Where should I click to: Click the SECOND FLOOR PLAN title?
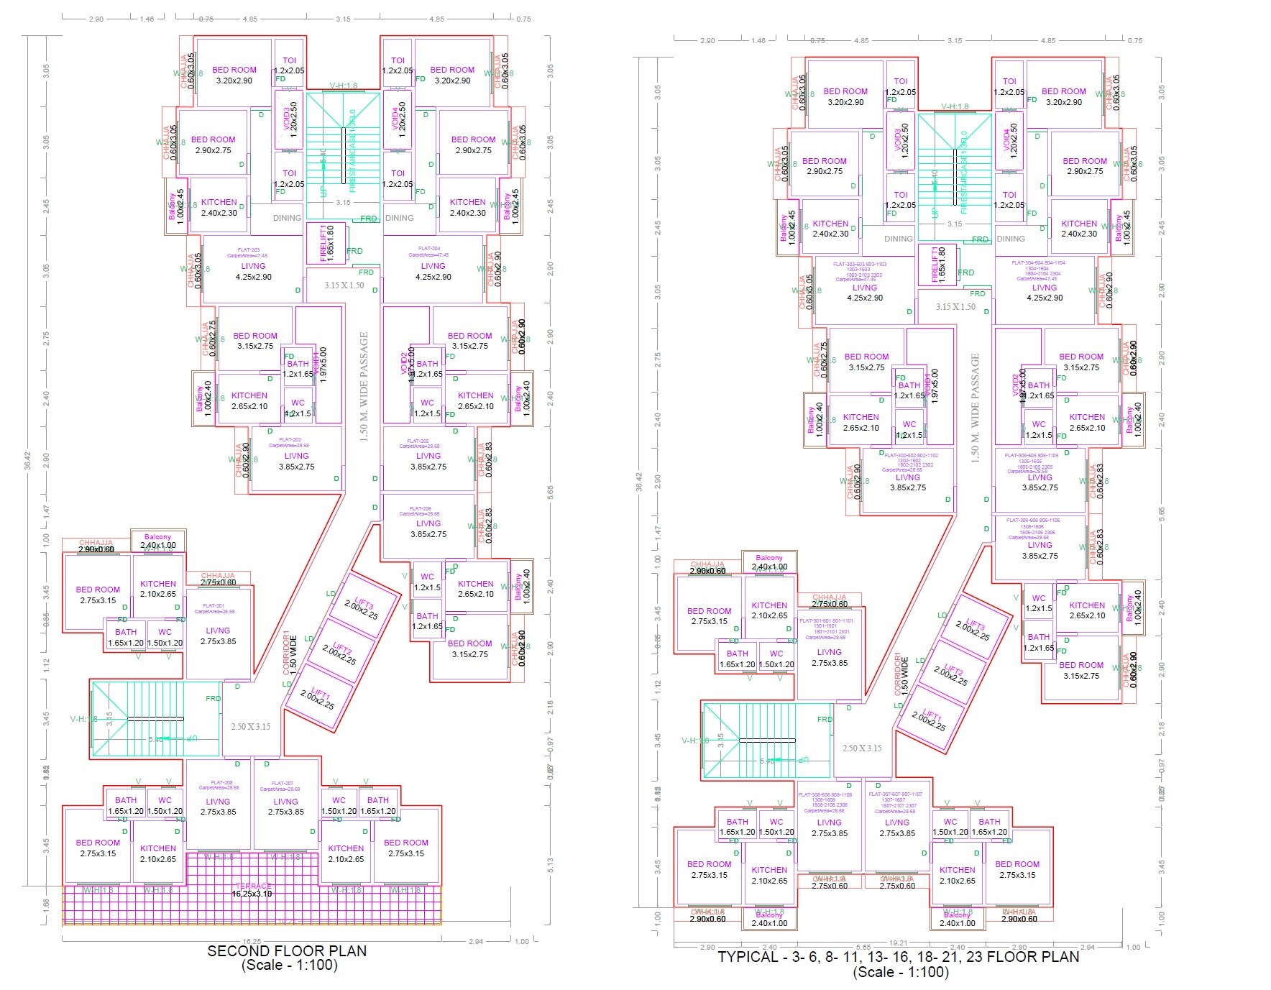(x=287, y=950)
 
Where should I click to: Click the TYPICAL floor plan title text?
(x=898, y=957)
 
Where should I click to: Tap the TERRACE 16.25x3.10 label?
(x=252, y=890)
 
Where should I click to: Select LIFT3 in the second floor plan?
(x=362, y=608)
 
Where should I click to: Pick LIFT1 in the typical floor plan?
(x=930, y=719)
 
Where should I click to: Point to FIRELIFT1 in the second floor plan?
(x=326, y=242)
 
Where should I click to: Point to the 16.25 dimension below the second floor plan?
(x=252, y=941)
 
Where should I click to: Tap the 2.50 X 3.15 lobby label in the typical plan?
(x=862, y=748)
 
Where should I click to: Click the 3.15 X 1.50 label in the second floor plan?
(x=344, y=285)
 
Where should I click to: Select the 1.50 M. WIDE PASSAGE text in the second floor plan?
(x=364, y=386)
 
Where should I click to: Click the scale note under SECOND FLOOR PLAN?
(x=289, y=966)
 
